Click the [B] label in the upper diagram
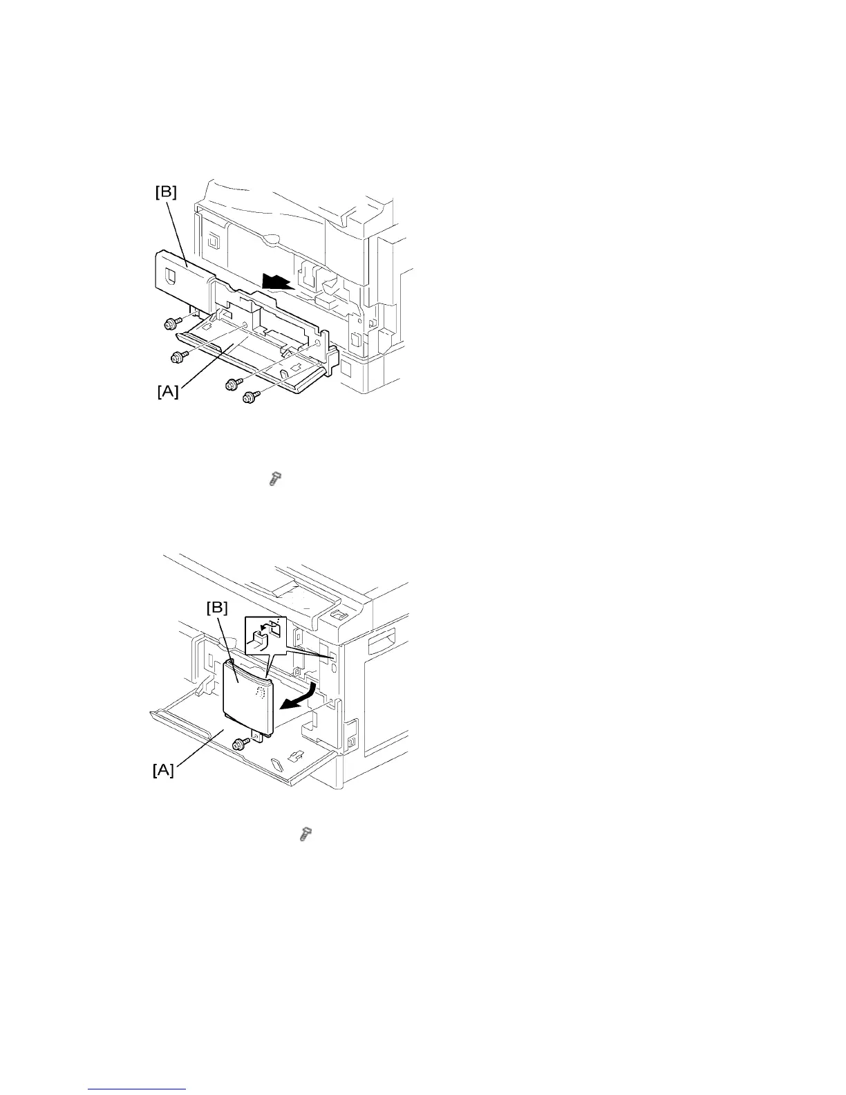pos(165,193)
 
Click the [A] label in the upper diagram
pos(167,392)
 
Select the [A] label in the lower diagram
pos(163,770)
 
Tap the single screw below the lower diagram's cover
pos(242,744)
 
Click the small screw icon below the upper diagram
pos(274,478)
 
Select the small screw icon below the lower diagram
pos(303,835)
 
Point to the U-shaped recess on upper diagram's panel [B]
pos(170,277)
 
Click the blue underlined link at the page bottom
pos(138,1090)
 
